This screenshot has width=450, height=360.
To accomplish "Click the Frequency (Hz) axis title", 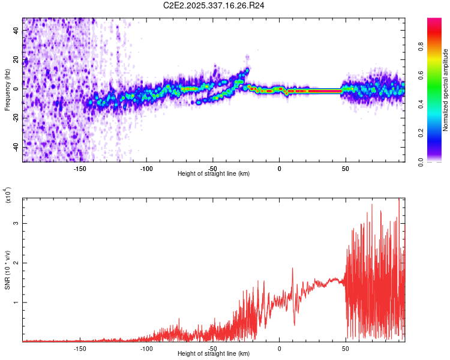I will click(8, 90).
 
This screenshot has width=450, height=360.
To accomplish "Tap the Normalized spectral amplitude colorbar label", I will click(446, 91).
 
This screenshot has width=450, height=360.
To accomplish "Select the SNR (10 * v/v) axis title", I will click(8, 270).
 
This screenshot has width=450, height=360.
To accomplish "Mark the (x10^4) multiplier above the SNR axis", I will click(8, 196).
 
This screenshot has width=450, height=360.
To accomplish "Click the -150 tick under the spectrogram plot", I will click(80, 168).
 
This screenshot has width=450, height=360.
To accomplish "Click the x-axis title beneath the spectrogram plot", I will click(214, 174).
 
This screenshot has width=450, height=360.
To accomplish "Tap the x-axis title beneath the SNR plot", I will click(214, 354).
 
